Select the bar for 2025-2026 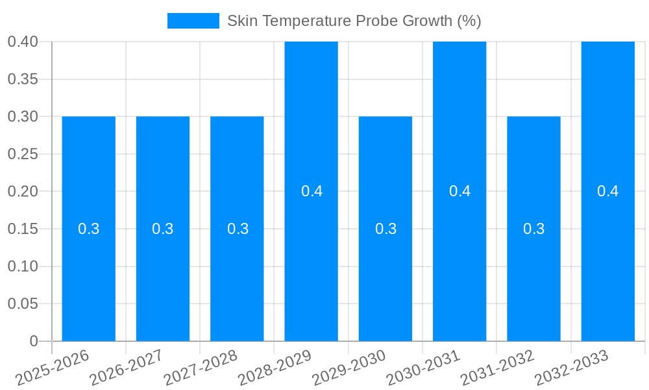coord(89,260)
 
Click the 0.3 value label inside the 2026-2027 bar coord(163,229)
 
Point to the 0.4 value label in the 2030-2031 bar coord(459,191)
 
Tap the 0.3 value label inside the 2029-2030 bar coord(386,229)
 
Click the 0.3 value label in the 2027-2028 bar coord(238,229)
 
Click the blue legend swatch coord(193,21)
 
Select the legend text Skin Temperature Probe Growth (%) coord(354,21)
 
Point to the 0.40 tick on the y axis coord(23,42)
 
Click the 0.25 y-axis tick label coord(23,154)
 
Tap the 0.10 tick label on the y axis coord(23,266)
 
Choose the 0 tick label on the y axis coord(34,341)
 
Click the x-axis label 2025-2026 coord(53,368)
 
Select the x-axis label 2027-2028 coord(201,368)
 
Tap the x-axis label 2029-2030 coord(349,368)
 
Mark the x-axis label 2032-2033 coord(571,368)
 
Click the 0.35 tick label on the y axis coord(23,79)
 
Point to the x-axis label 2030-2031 coord(423,368)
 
